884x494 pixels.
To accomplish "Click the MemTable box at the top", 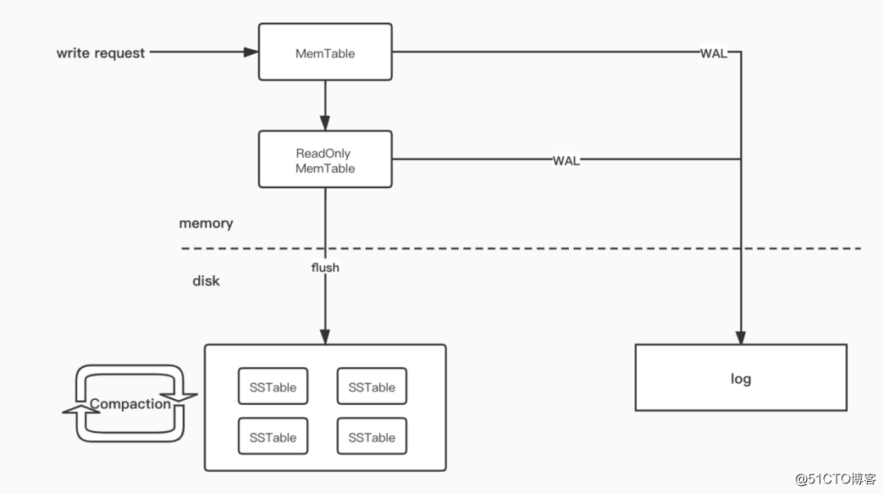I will (325, 52).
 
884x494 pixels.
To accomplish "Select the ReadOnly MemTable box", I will (325, 160).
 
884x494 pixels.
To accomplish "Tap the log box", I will (741, 378).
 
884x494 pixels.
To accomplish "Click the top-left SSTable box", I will (273, 387).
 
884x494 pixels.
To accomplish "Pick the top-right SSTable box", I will (372, 387).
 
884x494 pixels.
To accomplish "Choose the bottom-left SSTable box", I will (273, 437).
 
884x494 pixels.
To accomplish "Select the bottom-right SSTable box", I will (372, 437).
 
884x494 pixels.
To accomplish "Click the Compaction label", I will (130, 403).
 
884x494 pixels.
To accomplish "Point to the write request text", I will (100, 53).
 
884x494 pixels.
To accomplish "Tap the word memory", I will (205, 223).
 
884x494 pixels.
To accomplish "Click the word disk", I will (205, 281).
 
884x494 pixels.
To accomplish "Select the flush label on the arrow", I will (325, 267).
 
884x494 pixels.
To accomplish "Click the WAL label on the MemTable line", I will (713, 53).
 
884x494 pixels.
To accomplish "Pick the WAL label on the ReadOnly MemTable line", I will (566, 160).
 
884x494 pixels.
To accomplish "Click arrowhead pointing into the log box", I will (741, 338).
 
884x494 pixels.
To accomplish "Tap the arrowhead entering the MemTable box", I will (251, 52).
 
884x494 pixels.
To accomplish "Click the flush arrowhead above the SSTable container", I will (325, 337).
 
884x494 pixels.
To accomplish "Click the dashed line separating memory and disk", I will (524, 248).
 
